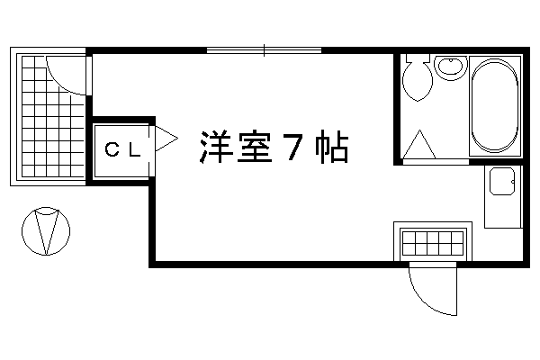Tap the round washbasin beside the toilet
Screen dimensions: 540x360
pos(451,67)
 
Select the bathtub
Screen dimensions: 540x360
pos(494,106)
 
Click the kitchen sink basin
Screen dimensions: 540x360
pos(502,181)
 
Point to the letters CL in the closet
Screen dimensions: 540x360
pos(123,150)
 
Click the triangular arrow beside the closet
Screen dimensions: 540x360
pos(166,139)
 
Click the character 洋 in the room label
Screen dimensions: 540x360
pos(215,147)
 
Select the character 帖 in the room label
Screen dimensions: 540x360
pos(331,147)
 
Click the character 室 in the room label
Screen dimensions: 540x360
pos(255,147)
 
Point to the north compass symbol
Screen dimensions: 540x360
pos(46,231)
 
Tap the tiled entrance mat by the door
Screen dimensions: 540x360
pos(433,242)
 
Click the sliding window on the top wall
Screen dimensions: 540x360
pos(264,50)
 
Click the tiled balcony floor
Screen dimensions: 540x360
pos(53,116)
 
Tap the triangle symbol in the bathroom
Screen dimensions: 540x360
pos(419,144)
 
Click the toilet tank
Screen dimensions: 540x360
pos(418,58)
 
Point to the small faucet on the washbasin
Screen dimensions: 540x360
pos(451,61)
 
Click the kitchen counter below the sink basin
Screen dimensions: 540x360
pos(502,211)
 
